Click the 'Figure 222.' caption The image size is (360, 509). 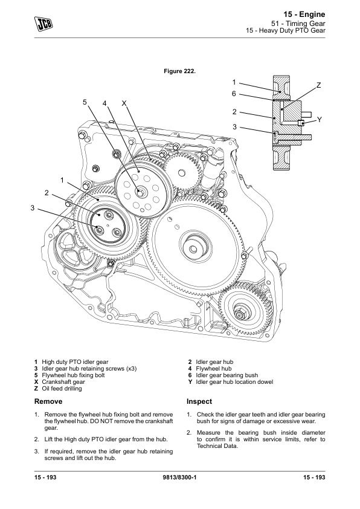[x=179, y=71]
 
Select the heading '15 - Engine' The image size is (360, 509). [x=304, y=15]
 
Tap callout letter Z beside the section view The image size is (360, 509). [x=318, y=85]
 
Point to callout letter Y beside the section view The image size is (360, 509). [x=319, y=120]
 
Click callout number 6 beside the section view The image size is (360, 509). [x=234, y=94]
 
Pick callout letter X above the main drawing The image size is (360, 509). [x=124, y=103]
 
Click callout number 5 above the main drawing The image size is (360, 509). [x=85, y=102]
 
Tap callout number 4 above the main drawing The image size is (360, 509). [x=104, y=103]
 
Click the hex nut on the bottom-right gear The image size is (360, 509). [x=239, y=314]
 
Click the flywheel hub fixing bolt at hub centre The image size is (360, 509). [x=140, y=192]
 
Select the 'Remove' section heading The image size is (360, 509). [x=48, y=401]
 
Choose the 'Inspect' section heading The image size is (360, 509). [x=199, y=401]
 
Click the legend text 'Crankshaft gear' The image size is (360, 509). [x=63, y=382]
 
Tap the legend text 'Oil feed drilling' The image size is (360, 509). [x=62, y=389]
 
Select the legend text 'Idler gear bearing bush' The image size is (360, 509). [x=227, y=375]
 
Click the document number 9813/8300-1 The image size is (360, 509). [x=179, y=478]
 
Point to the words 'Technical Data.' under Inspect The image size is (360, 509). [x=217, y=446]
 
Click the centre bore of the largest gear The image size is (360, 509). [x=193, y=249]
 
